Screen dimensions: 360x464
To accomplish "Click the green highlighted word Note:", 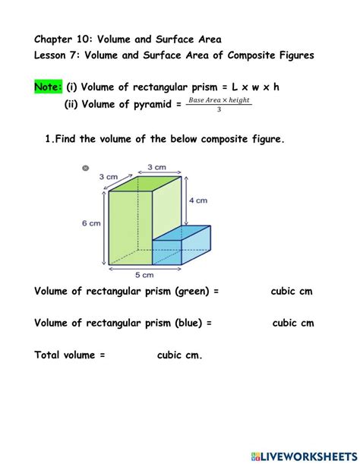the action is coord(49,87).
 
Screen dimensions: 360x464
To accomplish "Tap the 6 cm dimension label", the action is coord(91,223).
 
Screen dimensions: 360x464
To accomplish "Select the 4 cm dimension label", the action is coord(198,200).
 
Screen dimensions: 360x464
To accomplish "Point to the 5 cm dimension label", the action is coord(144,275).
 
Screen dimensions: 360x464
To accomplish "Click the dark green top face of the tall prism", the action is coord(145,184).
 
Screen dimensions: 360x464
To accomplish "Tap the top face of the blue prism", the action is coord(182,233).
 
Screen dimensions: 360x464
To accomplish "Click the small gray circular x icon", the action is coord(85,168).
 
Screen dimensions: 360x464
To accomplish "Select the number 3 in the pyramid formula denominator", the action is coord(219,109).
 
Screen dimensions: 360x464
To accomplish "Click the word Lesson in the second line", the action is coord(49,55).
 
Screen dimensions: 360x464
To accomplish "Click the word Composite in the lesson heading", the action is coord(251,55).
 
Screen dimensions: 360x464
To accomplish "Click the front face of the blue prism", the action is coord(167,252).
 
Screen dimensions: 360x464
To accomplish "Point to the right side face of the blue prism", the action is coord(196,245).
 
